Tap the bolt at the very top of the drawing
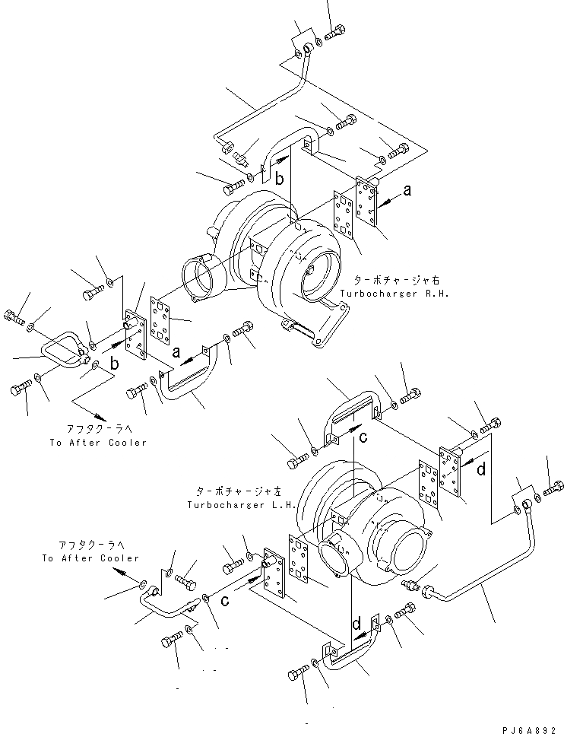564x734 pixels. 335,33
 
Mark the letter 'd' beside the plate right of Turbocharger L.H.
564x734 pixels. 481,470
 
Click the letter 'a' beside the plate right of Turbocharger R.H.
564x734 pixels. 407,191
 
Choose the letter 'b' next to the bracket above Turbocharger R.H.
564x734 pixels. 280,180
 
